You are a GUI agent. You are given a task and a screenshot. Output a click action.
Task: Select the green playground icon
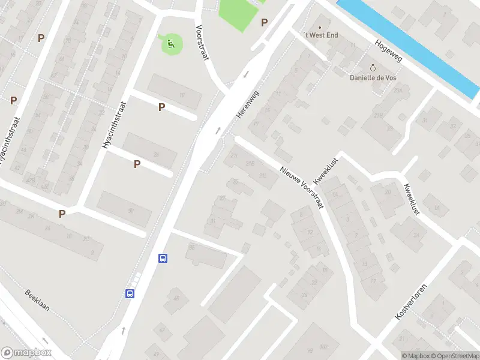coord(170,43)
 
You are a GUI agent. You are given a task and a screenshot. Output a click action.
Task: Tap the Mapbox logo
coord(26,353)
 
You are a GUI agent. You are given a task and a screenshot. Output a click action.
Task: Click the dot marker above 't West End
coord(320,27)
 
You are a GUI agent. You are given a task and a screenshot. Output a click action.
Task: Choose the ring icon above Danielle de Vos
coord(373,68)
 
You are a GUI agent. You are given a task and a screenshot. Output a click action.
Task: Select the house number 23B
coord(379,115)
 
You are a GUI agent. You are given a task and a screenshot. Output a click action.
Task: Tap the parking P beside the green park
coord(264,22)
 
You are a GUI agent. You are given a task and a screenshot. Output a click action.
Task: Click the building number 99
coord(310,350)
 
